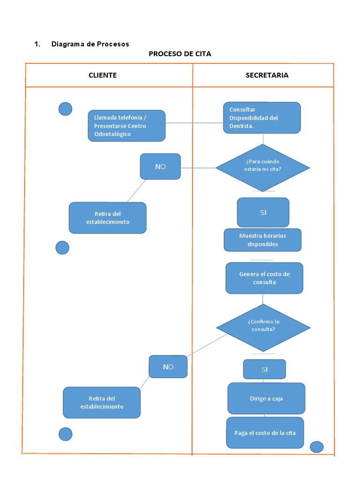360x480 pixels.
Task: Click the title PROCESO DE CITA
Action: [180, 54]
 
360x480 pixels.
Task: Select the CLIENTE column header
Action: [103, 75]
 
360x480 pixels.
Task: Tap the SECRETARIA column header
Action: [267, 75]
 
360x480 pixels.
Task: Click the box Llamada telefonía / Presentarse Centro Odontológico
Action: [127, 126]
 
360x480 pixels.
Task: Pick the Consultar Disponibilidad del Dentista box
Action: [262, 118]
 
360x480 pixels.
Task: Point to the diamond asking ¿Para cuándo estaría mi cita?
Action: [262, 167]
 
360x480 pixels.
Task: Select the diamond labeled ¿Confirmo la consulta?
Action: [262, 327]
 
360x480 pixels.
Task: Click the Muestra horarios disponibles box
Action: [262, 240]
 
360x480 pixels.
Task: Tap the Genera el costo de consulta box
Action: [264, 278]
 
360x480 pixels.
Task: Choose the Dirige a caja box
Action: [266, 398]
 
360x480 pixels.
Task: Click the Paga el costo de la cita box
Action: [265, 433]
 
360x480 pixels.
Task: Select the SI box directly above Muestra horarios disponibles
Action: [263, 212]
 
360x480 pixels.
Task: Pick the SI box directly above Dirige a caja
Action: [264, 369]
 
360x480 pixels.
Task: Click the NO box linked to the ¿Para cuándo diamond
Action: [160, 166]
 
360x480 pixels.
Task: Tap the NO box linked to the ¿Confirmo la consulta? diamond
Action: [168, 367]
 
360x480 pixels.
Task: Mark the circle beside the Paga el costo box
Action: [317, 447]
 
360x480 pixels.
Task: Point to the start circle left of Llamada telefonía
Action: [65, 109]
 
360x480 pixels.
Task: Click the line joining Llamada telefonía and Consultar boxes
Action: [194, 123]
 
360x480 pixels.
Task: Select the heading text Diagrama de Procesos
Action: [90, 44]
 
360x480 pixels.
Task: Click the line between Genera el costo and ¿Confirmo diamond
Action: [263, 299]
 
